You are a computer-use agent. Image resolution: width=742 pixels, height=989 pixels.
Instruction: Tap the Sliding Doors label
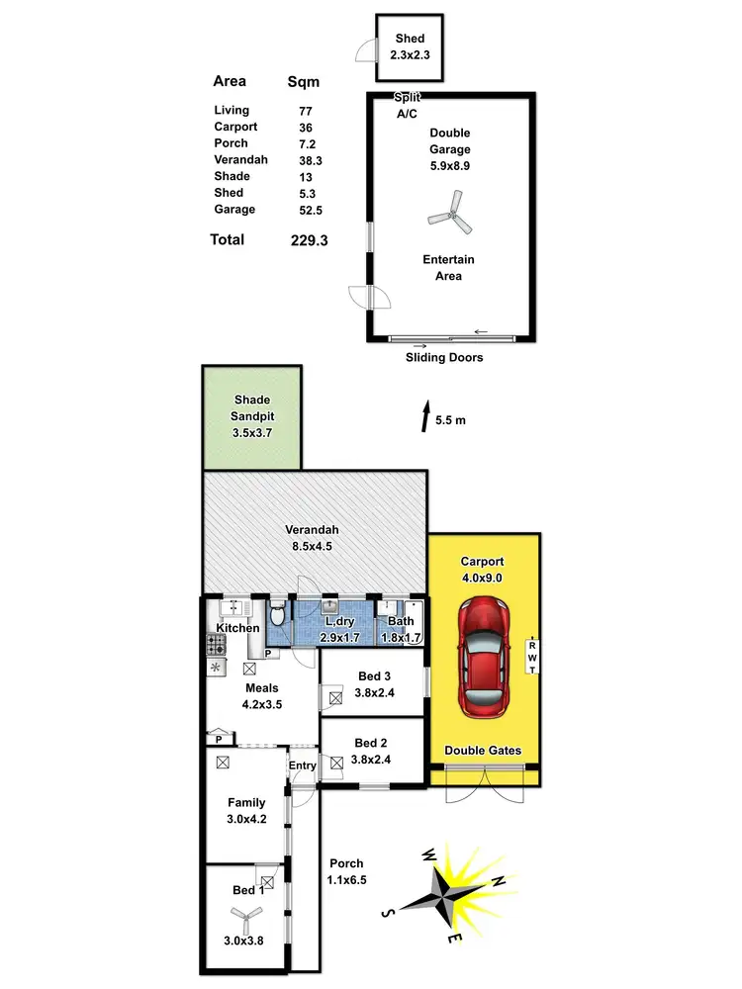click(x=444, y=357)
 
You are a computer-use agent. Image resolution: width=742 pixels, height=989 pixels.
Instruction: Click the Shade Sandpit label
click(x=252, y=408)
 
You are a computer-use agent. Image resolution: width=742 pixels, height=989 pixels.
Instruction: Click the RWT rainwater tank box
click(x=532, y=657)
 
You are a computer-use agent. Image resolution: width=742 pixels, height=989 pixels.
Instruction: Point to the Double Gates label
click(x=483, y=751)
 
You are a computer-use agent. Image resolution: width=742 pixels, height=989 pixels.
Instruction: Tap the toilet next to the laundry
click(x=278, y=620)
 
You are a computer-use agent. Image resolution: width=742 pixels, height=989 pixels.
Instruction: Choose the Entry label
click(x=302, y=765)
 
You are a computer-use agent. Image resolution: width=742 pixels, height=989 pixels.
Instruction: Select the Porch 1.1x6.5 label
click(x=346, y=871)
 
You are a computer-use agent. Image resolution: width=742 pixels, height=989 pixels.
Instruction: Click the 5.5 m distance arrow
click(x=425, y=415)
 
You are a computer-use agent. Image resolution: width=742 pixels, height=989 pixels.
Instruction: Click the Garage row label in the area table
click(x=234, y=210)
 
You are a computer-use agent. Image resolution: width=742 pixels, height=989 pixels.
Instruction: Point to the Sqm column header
click(x=303, y=81)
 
